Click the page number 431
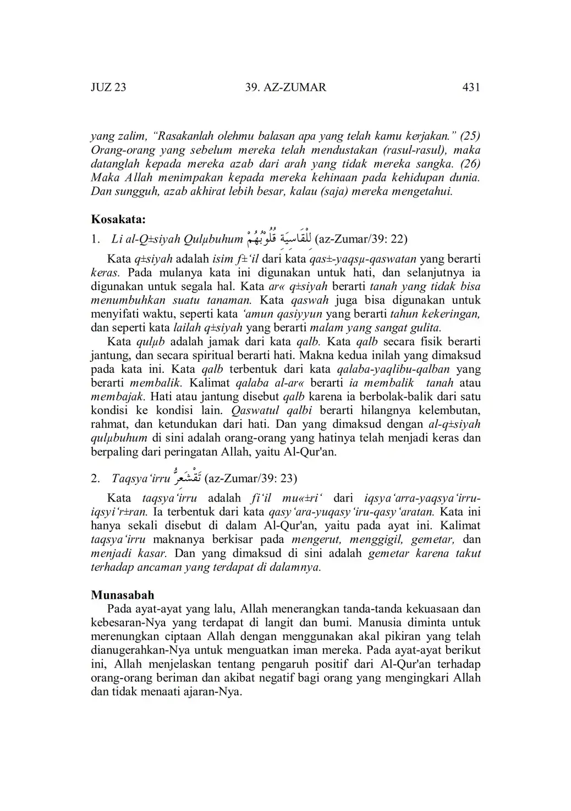pos(471,87)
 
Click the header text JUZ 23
pos(108,87)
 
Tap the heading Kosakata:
pos(118,219)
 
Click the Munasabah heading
pos(123,595)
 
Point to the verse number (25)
pos(470,135)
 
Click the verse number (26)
pos(470,164)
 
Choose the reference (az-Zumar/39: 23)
pos(250,478)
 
